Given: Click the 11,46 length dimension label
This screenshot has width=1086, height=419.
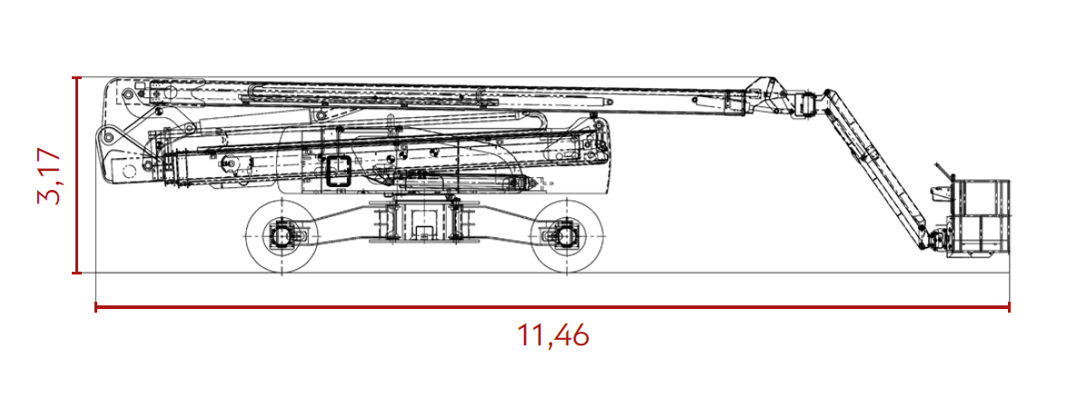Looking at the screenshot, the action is [553, 336].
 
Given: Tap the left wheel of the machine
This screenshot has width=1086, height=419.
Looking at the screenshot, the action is [282, 236].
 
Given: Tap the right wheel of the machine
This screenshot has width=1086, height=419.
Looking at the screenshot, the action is [566, 236].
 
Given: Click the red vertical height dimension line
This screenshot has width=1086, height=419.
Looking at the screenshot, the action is [77, 175].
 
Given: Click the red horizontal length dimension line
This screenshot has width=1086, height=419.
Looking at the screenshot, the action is [552, 306].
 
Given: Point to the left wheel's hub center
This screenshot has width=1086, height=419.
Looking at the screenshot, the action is [282, 236].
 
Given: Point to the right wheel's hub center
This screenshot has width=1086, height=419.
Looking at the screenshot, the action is [566, 236].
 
